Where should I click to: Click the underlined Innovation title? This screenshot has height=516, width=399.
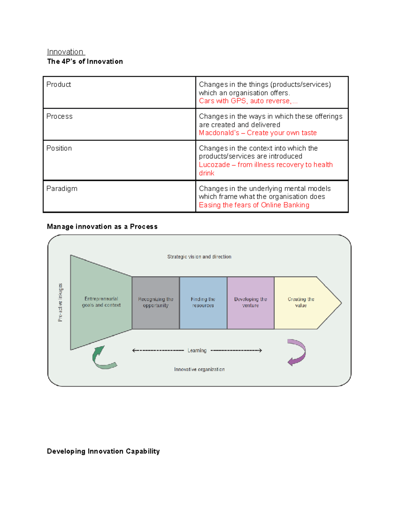click(x=66, y=52)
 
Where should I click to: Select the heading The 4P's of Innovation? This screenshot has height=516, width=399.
click(x=85, y=61)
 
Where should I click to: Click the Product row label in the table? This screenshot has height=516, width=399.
click(x=59, y=84)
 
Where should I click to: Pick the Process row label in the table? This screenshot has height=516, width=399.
click(x=59, y=116)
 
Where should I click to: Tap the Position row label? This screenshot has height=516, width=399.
click(x=59, y=148)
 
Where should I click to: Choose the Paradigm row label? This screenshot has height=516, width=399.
click(x=62, y=188)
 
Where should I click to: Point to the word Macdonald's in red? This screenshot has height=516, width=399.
click(x=219, y=133)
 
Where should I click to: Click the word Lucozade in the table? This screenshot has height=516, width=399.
click(x=214, y=165)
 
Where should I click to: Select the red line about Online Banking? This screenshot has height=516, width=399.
click(x=254, y=205)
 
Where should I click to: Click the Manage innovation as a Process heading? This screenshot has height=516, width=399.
click(x=102, y=227)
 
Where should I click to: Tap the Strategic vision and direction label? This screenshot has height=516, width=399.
click(x=199, y=257)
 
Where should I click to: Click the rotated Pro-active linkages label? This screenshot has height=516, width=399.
click(x=60, y=302)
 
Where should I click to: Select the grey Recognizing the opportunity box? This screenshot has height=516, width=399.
click(x=156, y=302)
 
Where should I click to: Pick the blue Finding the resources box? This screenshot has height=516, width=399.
click(x=203, y=302)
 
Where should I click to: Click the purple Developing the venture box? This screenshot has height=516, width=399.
click(x=250, y=302)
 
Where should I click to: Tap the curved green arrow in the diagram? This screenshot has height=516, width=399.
click(x=102, y=358)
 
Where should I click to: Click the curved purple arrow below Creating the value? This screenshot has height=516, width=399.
click(x=297, y=352)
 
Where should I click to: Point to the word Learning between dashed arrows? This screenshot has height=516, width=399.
click(x=197, y=351)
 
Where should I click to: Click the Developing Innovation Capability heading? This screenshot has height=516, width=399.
click(x=103, y=451)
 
